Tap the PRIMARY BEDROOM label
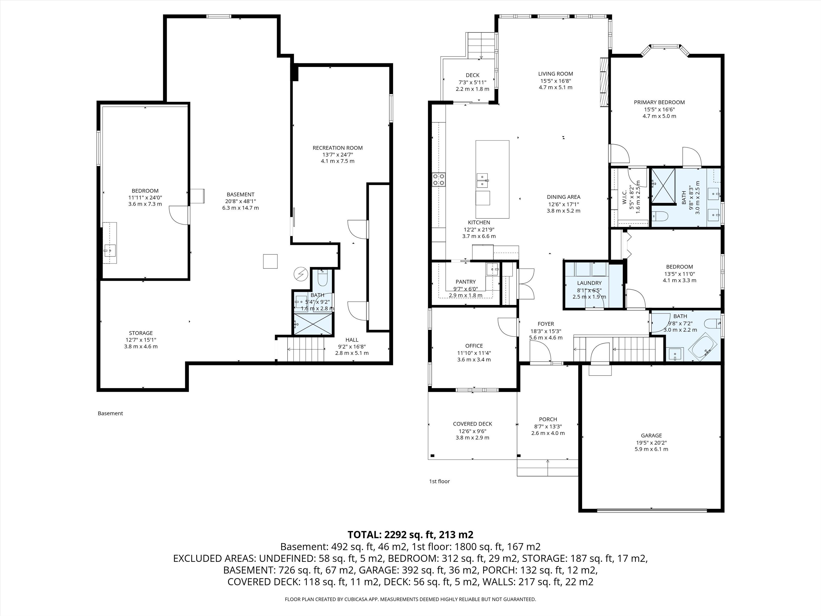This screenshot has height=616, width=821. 659,102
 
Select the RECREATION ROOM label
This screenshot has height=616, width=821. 337,148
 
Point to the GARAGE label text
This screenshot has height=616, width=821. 651,436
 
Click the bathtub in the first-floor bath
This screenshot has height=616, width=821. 703,348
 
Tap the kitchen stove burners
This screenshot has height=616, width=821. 439,180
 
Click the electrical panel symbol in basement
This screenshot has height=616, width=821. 301,274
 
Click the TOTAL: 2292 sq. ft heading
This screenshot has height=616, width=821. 411,535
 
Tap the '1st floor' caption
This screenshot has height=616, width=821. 439,481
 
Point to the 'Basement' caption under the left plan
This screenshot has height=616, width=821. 110,413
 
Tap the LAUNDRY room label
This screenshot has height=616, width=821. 589,283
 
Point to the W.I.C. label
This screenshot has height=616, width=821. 624,197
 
